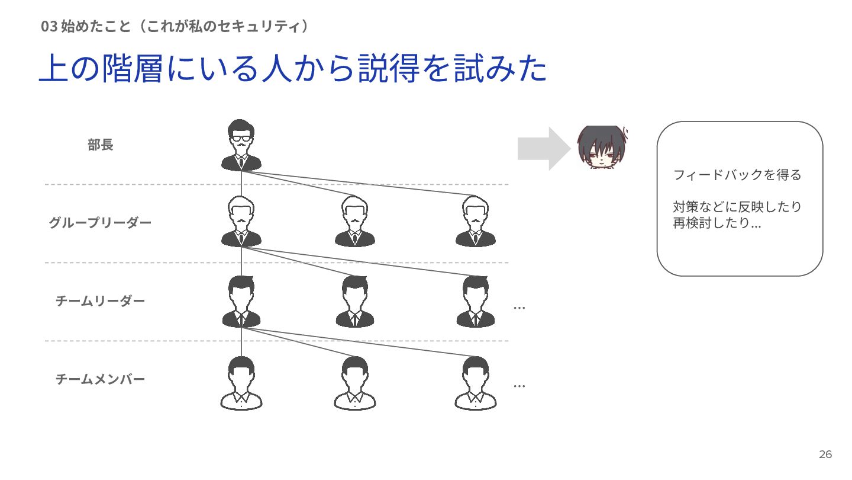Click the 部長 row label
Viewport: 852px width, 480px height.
click(x=100, y=145)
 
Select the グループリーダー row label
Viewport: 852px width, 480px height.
click(x=100, y=223)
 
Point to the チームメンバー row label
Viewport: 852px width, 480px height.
click(x=100, y=379)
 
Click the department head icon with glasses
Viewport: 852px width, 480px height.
click(x=241, y=145)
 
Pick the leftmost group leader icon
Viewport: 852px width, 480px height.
click(x=241, y=222)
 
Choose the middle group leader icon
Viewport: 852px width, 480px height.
click(x=355, y=222)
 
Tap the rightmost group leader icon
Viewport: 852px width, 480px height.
click(x=476, y=222)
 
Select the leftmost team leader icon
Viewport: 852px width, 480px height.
click(x=241, y=301)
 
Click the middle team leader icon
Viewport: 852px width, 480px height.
click(x=355, y=301)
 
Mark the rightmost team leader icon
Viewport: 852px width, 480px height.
click(x=476, y=301)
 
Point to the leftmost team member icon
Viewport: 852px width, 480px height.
click(x=241, y=383)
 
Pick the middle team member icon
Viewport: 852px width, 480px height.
click(x=355, y=383)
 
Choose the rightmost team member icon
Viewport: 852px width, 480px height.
click(x=476, y=383)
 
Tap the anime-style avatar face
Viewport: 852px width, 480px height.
click(x=601, y=146)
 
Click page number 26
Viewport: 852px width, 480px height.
click(x=825, y=455)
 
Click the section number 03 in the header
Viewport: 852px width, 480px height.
click(x=49, y=27)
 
